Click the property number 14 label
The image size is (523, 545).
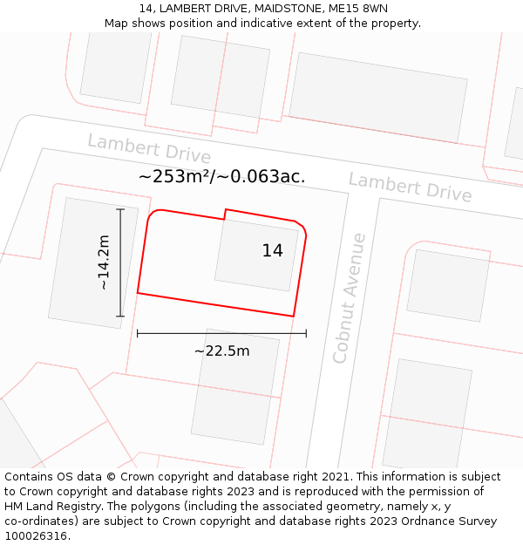272,251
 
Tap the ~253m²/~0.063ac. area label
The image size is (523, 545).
221,177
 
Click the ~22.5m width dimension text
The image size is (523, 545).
221,351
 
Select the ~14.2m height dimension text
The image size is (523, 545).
103,262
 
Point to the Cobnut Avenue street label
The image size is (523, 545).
350,297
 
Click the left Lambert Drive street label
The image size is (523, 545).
149,148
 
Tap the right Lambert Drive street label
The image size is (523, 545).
410,187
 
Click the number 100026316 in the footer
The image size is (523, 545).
35,536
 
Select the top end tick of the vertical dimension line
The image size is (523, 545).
120,209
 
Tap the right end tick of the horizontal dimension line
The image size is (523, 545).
306,333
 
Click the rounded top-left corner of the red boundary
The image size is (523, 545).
152,215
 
